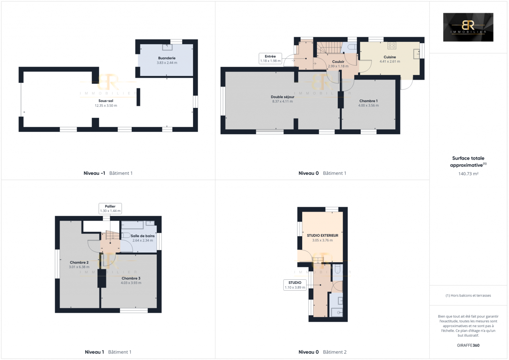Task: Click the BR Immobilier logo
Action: [x=468, y=27]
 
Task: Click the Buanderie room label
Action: [x=167, y=58]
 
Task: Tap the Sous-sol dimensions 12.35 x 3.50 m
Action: [x=106, y=106]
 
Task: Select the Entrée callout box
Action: [x=270, y=59]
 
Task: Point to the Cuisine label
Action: [x=390, y=57]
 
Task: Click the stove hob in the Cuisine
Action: [x=392, y=46]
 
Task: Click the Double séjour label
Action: [x=282, y=97]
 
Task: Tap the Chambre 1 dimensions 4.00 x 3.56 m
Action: [x=368, y=106]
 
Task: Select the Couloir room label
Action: [x=338, y=62]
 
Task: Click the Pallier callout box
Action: [x=110, y=208]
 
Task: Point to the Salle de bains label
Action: [x=143, y=236]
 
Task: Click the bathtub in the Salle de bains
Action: [x=132, y=225]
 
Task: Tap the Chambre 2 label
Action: [x=79, y=262]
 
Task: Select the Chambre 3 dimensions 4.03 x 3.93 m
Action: [x=131, y=283]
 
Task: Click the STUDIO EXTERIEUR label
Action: [x=323, y=236]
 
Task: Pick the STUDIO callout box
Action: [x=295, y=285]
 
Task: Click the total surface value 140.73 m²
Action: [x=468, y=174]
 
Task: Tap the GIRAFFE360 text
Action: [x=468, y=345]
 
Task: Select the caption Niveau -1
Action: [x=94, y=173]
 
